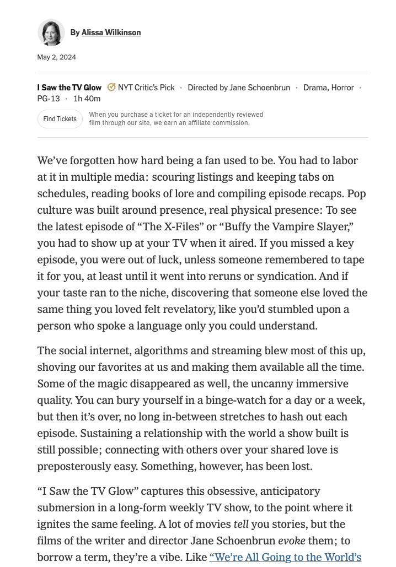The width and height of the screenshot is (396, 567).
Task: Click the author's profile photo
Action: (51, 33)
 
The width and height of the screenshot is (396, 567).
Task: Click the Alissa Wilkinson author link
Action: (111, 33)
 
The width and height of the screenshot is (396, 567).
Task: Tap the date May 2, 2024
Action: (57, 57)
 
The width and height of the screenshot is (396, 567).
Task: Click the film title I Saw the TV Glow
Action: (69, 88)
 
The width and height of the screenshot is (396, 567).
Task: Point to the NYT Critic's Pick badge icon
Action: (111, 87)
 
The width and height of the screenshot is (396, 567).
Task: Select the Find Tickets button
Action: (60, 119)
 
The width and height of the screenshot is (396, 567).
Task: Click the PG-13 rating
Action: (49, 99)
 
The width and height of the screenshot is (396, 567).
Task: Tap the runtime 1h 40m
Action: (87, 99)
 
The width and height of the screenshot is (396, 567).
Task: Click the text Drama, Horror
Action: (329, 88)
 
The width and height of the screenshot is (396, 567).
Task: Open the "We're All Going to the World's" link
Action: (285, 558)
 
